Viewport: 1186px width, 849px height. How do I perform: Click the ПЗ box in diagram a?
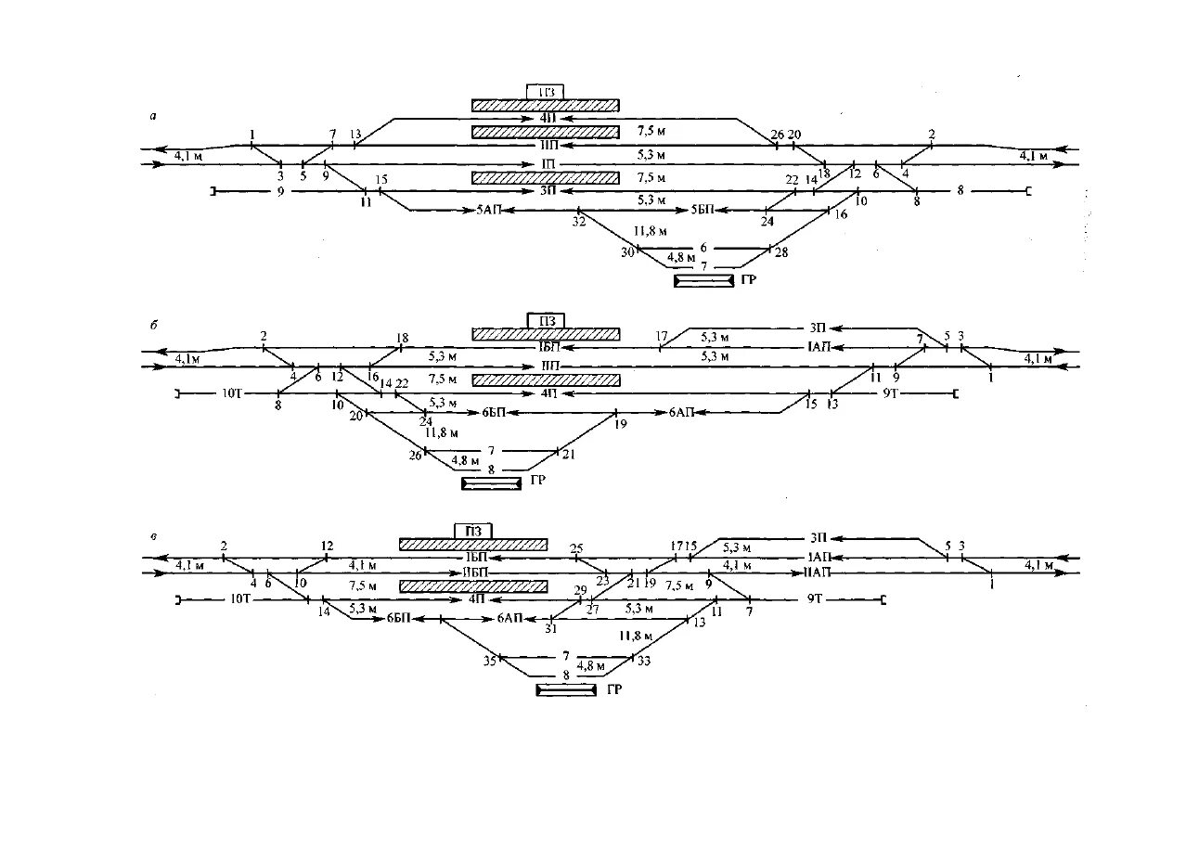point(545,91)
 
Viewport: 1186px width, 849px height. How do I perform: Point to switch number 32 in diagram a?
point(579,223)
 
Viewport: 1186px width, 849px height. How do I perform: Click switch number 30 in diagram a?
point(628,251)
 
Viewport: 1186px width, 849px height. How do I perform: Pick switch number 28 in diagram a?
point(781,251)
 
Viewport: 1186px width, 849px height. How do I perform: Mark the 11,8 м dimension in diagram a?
point(650,230)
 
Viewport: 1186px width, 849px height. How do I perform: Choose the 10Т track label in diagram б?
point(231,394)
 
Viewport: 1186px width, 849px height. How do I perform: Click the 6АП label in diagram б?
point(682,412)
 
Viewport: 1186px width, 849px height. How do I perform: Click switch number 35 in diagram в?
point(489,661)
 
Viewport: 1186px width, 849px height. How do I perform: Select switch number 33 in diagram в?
point(644,661)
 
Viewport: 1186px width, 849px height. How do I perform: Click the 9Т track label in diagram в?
point(816,601)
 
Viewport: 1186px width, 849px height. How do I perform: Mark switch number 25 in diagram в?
point(576,548)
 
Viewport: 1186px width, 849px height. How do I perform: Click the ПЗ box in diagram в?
point(472,530)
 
